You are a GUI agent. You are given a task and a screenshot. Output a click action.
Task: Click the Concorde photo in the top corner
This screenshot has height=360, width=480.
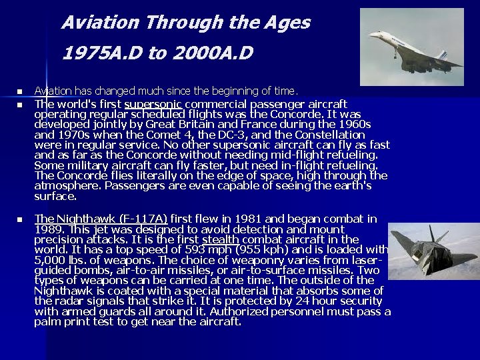click(411, 47)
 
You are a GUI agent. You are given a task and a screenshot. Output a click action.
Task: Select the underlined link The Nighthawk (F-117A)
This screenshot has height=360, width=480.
click(101, 219)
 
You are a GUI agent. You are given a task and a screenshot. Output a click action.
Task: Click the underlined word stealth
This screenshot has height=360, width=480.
click(220, 239)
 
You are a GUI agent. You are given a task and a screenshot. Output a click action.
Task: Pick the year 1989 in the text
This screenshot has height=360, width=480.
click(47, 229)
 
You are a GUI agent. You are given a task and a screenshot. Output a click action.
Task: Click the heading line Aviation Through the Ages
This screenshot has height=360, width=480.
click(186, 23)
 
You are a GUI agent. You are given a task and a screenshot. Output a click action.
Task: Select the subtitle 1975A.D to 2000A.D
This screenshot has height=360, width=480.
click(157, 53)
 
